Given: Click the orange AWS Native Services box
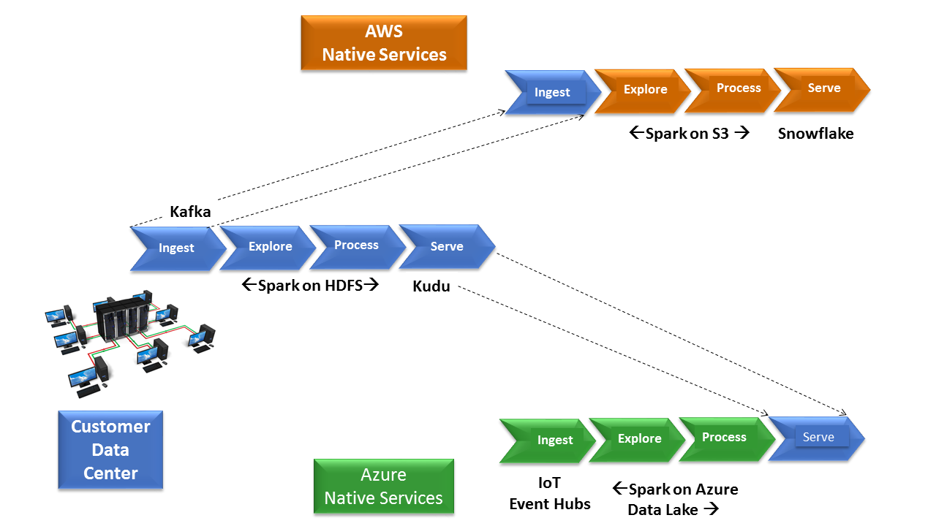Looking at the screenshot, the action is click(384, 42).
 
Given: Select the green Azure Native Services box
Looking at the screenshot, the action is click(384, 487).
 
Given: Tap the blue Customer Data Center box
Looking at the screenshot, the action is click(110, 449).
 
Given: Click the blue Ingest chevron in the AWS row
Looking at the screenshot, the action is click(552, 92).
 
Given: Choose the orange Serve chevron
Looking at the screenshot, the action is click(822, 89).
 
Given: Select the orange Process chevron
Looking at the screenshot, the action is click(732, 90).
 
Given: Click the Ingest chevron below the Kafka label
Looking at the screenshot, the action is click(178, 249).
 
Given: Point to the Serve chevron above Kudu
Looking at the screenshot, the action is click(447, 246).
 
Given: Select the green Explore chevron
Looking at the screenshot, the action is click(637, 440).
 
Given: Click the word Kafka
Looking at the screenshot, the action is click(190, 212).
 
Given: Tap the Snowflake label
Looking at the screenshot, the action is click(815, 134).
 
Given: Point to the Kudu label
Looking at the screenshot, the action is click(431, 286).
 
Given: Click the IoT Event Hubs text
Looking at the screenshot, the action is click(549, 493).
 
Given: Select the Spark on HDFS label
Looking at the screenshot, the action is click(310, 286).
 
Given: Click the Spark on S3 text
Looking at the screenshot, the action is click(689, 134).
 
